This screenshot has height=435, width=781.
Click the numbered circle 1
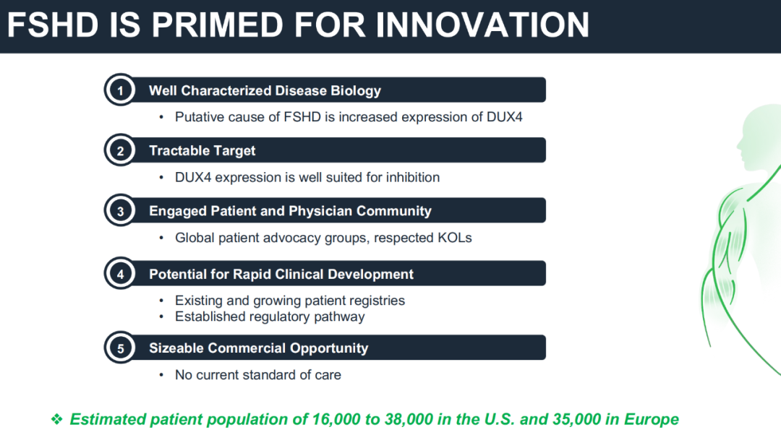(x=120, y=90)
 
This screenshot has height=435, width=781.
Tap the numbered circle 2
(x=120, y=150)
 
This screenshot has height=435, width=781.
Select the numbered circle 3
(x=120, y=210)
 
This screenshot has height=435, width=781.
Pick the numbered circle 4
(x=120, y=274)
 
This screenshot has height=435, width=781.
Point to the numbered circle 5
(x=120, y=348)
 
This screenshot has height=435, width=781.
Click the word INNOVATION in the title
(x=482, y=25)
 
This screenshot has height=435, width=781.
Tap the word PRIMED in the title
(x=217, y=25)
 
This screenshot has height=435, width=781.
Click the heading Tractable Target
(x=202, y=150)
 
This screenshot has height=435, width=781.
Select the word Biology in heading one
(x=356, y=90)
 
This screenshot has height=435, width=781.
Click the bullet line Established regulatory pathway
(x=270, y=316)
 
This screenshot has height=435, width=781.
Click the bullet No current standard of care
(x=258, y=375)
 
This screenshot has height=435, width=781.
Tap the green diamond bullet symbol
(x=57, y=419)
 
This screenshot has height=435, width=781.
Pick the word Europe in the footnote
(x=652, y=419)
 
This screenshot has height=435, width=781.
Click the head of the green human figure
(x=759, y=137)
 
